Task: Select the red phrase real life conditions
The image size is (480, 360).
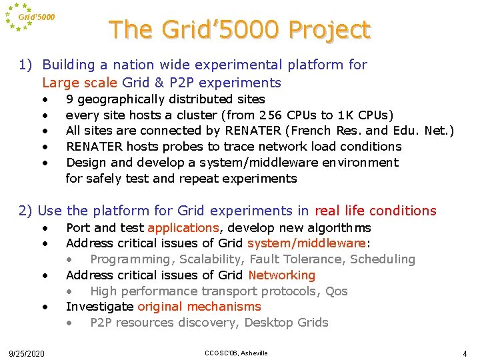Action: point(375,211)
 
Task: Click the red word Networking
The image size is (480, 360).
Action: point(281,275)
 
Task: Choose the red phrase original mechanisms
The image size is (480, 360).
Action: point(199,307)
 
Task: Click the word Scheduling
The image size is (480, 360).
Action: point(383,259)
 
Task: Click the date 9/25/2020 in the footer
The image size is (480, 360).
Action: point(27,353)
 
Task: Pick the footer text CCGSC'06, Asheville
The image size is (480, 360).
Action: point(237,353)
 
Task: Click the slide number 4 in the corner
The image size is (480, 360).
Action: point(465,353)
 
